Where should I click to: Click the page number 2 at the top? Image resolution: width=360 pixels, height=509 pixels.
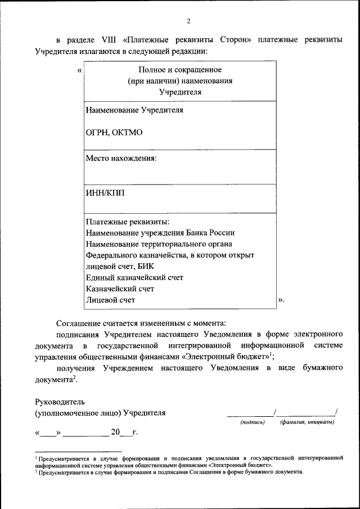coord(188,21)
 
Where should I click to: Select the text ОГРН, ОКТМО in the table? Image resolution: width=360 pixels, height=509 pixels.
coord(114,132)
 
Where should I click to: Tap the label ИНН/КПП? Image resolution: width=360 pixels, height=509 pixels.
coord(105,193)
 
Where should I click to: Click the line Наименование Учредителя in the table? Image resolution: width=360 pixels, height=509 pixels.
coord(134,110)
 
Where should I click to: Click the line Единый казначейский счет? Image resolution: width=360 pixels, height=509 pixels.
coord(134,277)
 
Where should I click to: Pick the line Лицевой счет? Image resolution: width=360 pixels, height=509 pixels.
coord(110,300)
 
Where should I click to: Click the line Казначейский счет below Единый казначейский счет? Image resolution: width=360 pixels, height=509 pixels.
coord(120,289)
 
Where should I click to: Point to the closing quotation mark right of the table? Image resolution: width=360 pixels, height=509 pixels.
coord(281,300)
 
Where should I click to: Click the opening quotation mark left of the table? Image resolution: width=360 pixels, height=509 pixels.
coord(79,71)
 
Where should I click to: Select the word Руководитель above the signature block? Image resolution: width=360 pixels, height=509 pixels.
coord(60,402)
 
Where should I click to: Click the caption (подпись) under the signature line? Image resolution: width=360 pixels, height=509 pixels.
coord(252,422)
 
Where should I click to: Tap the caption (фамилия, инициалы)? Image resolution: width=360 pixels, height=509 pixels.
coord(307,422)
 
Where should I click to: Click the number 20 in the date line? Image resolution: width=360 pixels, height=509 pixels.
coord(115,433)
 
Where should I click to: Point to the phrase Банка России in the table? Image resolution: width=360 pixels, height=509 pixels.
coord(214,232)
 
